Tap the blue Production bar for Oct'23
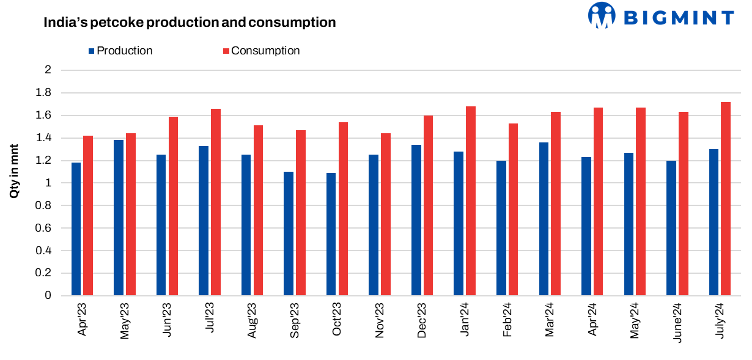click(331, 234)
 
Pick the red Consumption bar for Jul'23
click(216, 202)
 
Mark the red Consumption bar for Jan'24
click(471, 201)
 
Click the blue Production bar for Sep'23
click(289, 233)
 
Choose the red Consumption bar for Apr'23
click(88, 216)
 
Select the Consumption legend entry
click(261, 51)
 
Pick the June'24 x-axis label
click(677, 320)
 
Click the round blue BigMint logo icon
click(602, 15)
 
